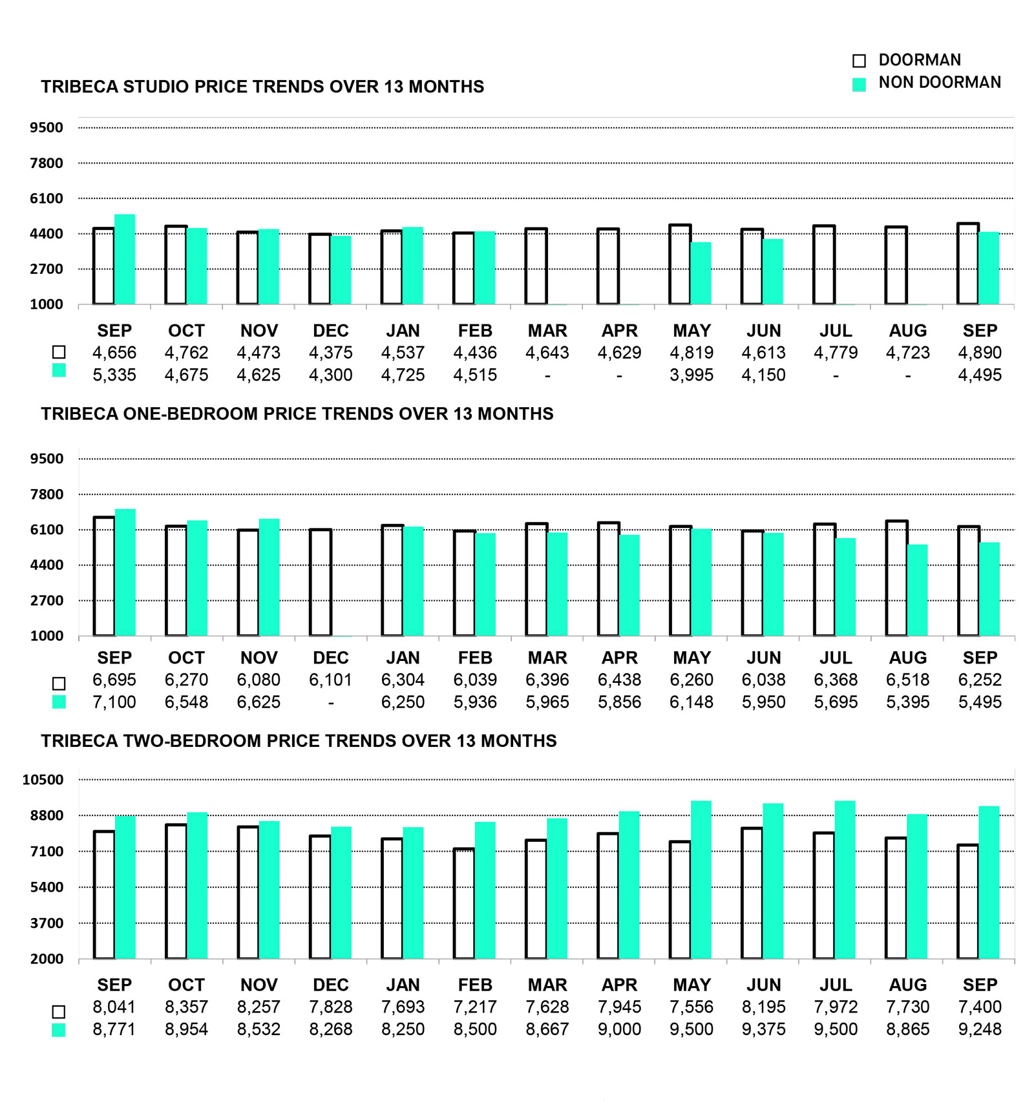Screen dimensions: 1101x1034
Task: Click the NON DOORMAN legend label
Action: coord(939,83)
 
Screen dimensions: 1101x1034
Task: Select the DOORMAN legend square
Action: coord(859,61)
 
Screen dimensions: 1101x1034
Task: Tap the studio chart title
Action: coord(262,87)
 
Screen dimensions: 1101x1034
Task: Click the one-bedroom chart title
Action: coord(297,414)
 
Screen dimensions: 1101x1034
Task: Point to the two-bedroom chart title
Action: coord(299,740)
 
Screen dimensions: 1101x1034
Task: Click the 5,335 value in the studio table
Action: coord(114,375)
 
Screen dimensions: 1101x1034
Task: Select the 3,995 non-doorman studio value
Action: coord(691,375)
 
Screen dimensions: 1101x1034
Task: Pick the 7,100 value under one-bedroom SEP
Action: coord(114,702)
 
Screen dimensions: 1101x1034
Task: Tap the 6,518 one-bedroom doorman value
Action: coord(908,680)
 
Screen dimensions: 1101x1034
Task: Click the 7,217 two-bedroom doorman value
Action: coord(475,1007)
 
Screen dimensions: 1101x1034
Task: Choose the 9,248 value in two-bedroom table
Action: coord(980,1029)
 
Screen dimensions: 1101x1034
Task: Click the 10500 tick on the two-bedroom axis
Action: coord(43,779)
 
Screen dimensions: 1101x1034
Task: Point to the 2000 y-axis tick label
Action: coord(47,959)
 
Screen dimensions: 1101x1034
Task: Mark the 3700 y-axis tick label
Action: coord(47,923)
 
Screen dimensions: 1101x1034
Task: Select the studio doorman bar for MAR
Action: coord(536,266)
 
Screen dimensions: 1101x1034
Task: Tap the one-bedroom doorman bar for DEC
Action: coord(321,583)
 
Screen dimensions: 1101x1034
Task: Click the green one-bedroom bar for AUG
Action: coord(917,590)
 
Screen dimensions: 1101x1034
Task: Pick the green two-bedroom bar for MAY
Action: coord(701,880)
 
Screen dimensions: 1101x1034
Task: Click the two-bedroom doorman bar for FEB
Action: coord(464,903)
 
